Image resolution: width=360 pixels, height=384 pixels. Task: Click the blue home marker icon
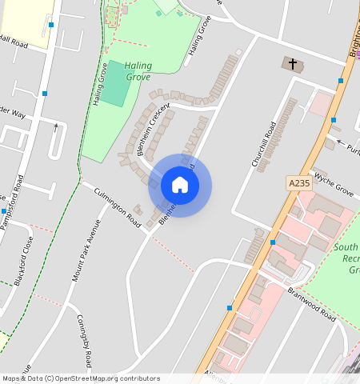(x=180, y=186)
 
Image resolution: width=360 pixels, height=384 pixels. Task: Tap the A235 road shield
(x=298, y=183)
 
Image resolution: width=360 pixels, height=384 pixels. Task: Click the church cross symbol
(x=292, y=64)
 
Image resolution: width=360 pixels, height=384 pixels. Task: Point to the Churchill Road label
(x=264, y=144)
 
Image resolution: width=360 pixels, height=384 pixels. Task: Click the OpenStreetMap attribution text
(x=81, y=378)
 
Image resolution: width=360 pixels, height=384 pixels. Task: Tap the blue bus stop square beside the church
(x=341, y=81)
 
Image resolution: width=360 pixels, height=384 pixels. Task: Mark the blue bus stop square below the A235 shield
(x=273, y=242)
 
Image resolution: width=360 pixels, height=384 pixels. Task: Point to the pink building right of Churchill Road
(x=322, y=104)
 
